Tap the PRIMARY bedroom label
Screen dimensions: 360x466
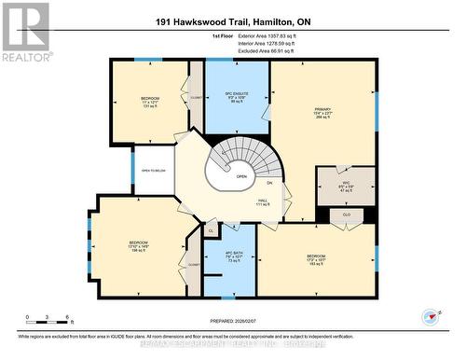tap(322, 113)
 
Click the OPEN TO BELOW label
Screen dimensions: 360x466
tap(154, 171)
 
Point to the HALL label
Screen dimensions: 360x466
tap(265, 201)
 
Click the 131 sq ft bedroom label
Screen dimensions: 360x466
tap(149, 103)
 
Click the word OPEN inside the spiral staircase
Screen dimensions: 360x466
tap(240, 176)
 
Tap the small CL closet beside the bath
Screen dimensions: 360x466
tap(211, 229)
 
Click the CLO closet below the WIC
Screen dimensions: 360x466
tap(347, 214)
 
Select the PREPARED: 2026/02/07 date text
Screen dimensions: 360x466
tap(232, 315)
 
